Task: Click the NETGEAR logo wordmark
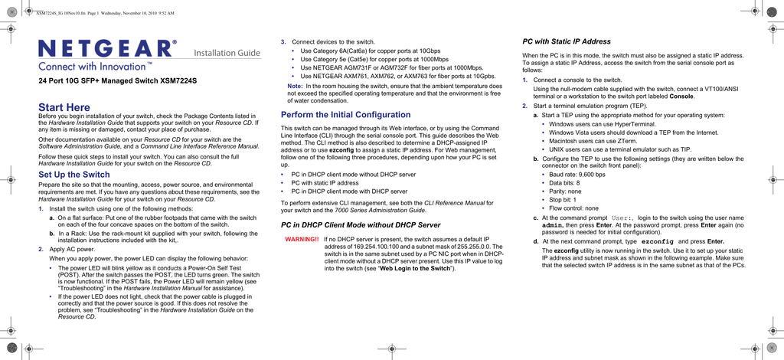(108, 49)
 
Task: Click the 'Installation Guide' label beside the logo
(227, 53)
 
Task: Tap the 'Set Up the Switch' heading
(74, 175)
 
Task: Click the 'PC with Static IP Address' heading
(567, 41)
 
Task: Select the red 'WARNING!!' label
(302, 240)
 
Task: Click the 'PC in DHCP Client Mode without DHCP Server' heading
(361, 225)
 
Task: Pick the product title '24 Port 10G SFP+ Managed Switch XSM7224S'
(117, 80)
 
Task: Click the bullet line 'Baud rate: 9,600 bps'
(577, 175)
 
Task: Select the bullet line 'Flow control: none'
(573, 208)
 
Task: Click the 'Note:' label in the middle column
(295, 87)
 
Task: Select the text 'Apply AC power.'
(73, 250)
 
